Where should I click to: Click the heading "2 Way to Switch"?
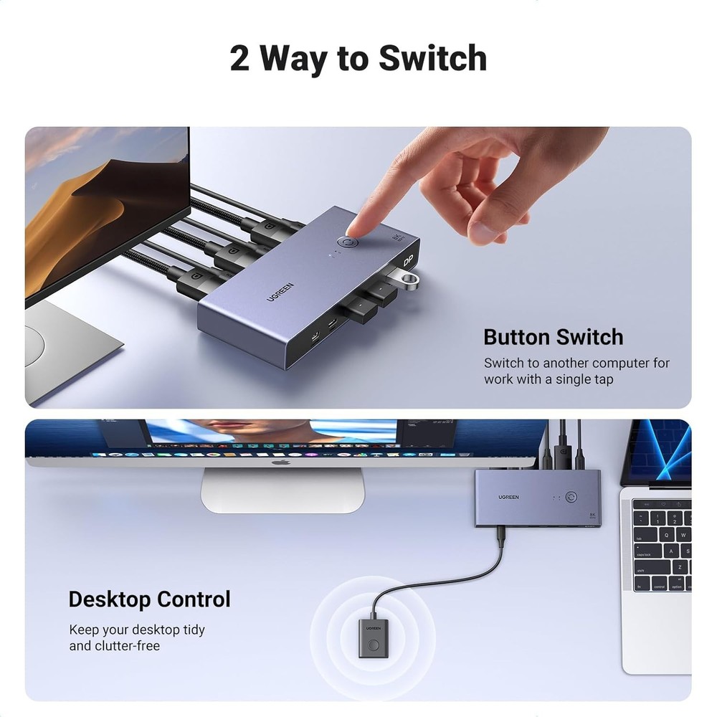pyautogui.click(x=358, y=58)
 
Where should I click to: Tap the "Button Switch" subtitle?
pyautogui.click(x=553, y=337)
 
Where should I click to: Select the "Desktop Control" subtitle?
pyautogui.click(x=149, y=599)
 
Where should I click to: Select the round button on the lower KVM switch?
pyautogui.click(x=571, y=496)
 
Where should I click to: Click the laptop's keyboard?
pyautogui.click(x=661, y=545)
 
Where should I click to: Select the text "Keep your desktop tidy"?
pyautogui.click(x=137, y=630)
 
